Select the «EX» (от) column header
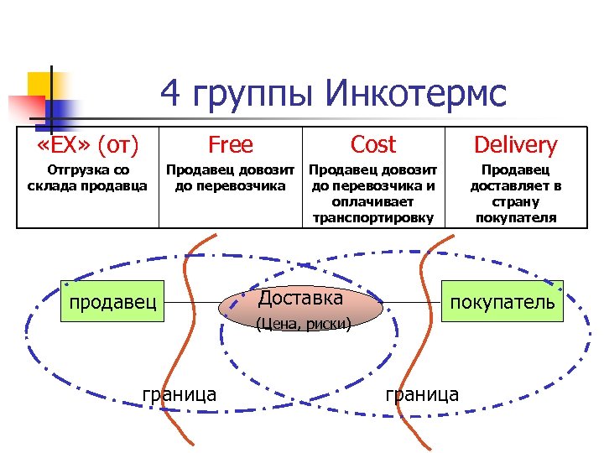coord(88,145)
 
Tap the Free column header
coord(230,145)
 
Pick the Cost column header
coord(373,145)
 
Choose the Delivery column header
coord(515,145)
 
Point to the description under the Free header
coord(230,178)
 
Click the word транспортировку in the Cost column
coord(373,218)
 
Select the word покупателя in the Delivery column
coord(515,218)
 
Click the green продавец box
coord(113,301)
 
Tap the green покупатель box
coord(502,301)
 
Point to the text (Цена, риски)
coord(304,324)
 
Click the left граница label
coord(180,393)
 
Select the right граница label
coord(422,393)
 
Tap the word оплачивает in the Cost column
coord(373,203)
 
